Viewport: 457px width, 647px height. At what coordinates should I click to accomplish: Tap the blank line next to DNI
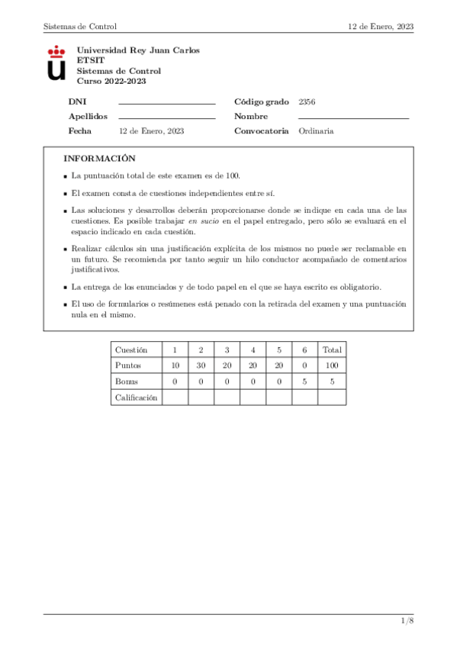pos(167,102)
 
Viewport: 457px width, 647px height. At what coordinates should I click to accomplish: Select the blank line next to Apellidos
pos(167,117)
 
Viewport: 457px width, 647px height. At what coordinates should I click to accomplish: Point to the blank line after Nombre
pos(353,117)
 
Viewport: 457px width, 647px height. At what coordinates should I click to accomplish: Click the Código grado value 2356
pos(307,101)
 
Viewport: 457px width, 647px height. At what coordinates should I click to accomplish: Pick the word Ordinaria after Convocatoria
pos(316,131)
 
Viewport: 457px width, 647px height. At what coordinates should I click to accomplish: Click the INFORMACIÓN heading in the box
pos(99,159)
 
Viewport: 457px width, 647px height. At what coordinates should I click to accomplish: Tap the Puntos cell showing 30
pos(201,365)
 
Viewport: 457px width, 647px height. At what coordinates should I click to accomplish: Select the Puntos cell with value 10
pos(175,365)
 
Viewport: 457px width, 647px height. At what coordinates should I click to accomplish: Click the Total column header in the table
pos(332,349)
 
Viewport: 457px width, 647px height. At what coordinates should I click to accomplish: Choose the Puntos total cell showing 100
pos(332,365)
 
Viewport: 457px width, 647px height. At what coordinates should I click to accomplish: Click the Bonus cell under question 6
pos(305,381)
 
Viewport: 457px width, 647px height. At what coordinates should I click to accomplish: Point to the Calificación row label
pos(136,397)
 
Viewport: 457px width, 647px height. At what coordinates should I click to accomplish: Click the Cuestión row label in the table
pos(131,349)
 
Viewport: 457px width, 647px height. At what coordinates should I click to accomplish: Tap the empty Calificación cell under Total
pos(332,397)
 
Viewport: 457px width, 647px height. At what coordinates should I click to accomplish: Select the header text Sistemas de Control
pos(80,26)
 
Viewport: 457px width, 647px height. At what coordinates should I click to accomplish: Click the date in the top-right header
pos(381,26)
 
